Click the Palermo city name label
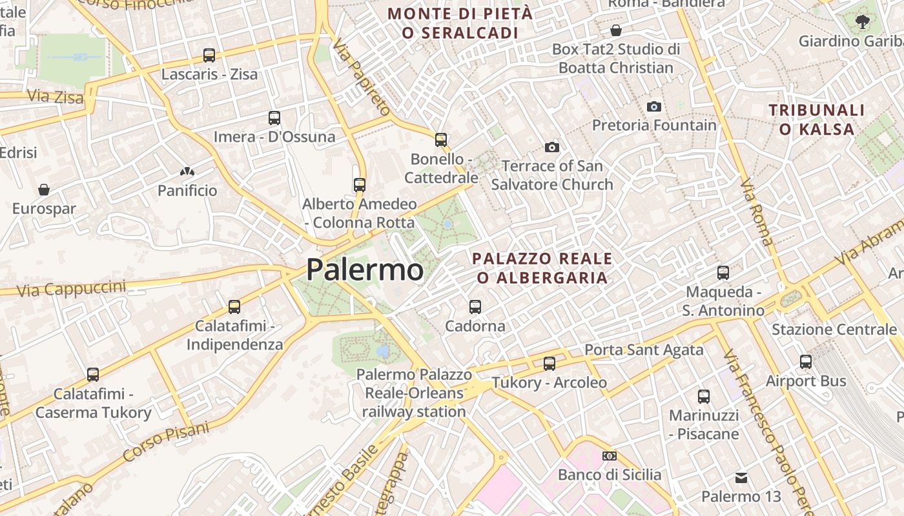365,270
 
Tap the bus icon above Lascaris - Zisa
209,55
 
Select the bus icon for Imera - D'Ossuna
274,118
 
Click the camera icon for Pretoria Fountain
654,106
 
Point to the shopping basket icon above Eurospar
44,190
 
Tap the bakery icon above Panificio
187,172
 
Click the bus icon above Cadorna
475,307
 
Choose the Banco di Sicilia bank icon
609,456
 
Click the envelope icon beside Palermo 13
741,478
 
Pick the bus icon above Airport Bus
805,362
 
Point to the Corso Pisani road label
166,442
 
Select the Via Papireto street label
362,77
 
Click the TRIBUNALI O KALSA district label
817,119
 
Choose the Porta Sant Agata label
644,350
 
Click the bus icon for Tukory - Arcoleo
549,364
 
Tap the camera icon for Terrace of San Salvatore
551,148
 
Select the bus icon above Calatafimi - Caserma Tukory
93,375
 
